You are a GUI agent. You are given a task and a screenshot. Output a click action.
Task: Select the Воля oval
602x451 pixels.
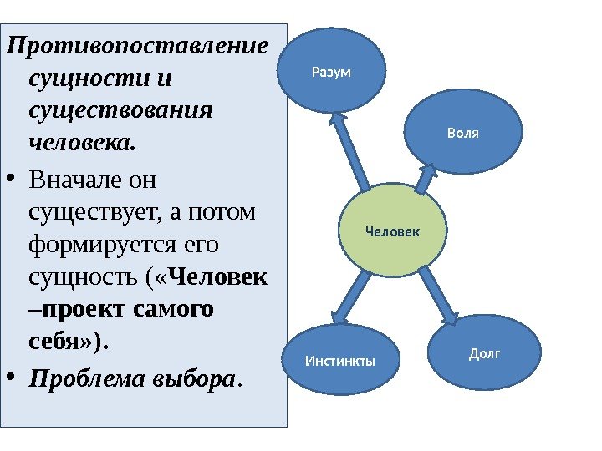[x=463, y=134]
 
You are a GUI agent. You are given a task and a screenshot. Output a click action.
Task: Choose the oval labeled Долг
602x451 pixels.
[x=484, y=355]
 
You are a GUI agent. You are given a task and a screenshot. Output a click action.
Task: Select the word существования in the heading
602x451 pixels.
[x=120, y=110]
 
